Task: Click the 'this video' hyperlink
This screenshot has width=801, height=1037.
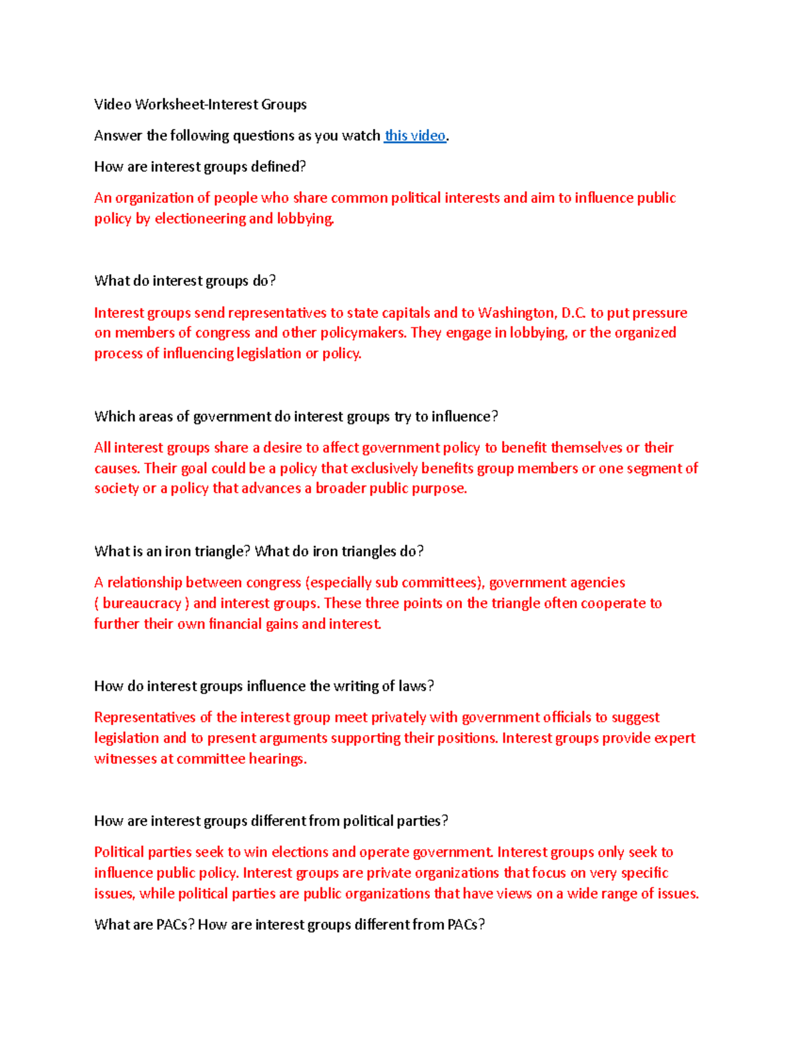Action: (x=415, y=136)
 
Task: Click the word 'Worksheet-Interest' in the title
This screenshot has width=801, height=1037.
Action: (x=196, y=104)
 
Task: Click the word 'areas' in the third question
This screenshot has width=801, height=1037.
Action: (x=154, y=416)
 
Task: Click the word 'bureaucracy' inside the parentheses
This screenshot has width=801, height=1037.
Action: (x=142, y=603)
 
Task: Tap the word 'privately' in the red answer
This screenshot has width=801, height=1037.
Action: (x=398, y=717)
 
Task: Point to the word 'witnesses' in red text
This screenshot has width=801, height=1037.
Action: (x=125, y=759)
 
